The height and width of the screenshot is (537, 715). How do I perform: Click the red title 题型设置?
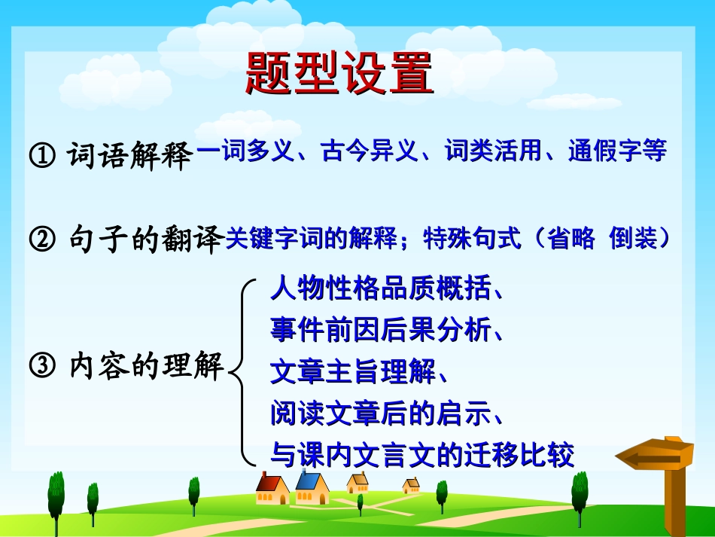point(340,75)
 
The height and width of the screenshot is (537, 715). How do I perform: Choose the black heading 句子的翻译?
point(146,241)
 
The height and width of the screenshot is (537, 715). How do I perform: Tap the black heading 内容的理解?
point(146,368)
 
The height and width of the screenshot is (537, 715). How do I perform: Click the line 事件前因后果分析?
point(381,330)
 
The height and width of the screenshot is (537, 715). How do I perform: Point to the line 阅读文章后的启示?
point(381,413)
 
